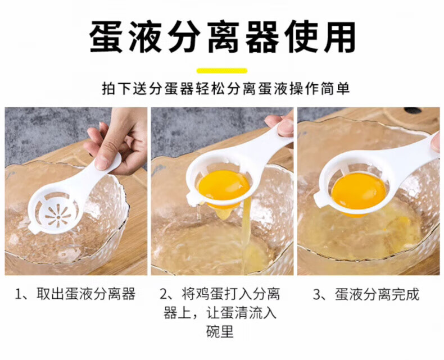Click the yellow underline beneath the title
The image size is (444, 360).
222,71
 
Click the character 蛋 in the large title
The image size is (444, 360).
106,37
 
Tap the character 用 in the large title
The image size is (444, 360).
339,37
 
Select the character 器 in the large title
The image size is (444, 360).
262,37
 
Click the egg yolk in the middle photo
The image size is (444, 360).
224,185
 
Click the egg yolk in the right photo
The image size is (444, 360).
359,191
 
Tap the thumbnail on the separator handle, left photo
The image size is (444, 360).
102,162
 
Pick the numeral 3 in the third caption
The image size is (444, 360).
316,294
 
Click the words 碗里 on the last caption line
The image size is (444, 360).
220,331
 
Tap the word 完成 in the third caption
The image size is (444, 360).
405,294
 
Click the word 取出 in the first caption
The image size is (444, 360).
50,294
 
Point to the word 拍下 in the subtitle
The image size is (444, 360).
116,89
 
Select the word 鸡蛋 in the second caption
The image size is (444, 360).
210,294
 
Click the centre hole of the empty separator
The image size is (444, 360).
58,217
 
